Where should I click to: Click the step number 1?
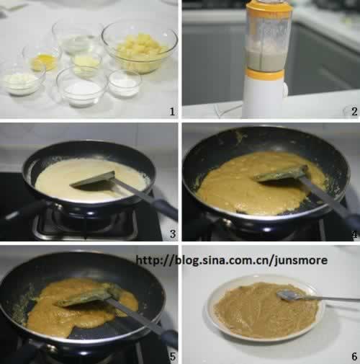click(x=172, y=112)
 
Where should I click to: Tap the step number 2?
click(x=354, y=112)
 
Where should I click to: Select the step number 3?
click(x=173, y=234)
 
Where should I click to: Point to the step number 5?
click(x=173, y=357)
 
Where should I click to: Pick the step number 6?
click(x=354, y=357)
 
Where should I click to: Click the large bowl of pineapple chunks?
click(x=140, y=48)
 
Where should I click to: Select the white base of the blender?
click(x=265, y=98)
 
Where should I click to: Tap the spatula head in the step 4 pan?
click(x=279, y=174)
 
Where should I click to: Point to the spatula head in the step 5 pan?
click(x=88, y=297)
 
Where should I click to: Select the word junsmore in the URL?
click(x=301, y=260)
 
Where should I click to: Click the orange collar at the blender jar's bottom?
click(x=266, y=74)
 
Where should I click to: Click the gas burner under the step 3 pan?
click(x=84, y=223)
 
